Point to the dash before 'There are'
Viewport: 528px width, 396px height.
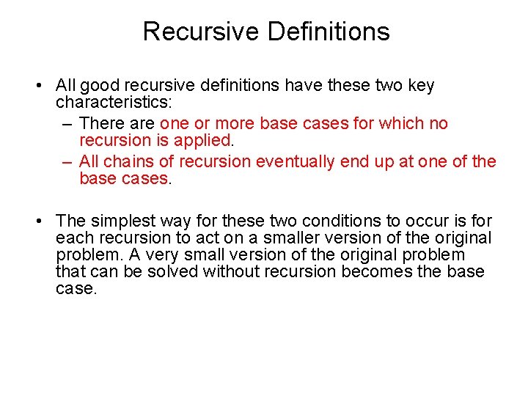coord(67,123)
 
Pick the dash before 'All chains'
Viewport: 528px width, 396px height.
coord(67,161)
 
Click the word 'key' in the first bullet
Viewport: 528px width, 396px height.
coord(420,86)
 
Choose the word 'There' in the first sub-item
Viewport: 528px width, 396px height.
coord(101,123)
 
